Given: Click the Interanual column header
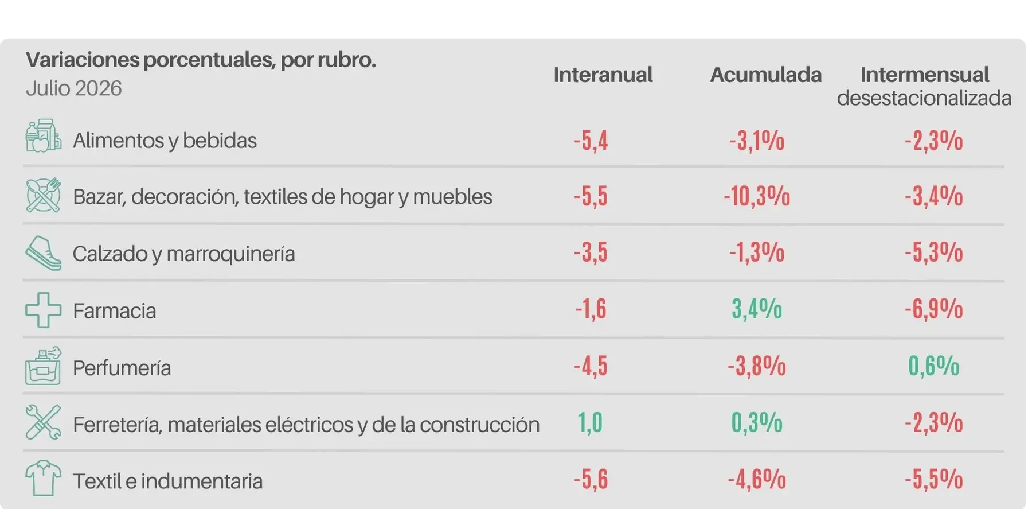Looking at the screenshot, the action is click(x=603, y=75).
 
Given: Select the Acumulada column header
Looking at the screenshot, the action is click(x=766, y=75).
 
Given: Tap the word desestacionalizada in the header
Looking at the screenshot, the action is click(x=924, y=98).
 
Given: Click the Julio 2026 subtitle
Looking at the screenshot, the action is click(x=74, y=88).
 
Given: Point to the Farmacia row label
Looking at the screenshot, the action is click(x=115, y=311).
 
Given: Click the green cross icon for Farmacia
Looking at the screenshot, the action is click(x=44, y=310).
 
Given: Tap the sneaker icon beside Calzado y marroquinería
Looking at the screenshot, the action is click(x=44, y=253).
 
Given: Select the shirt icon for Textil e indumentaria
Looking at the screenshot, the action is click(x=44, y=478).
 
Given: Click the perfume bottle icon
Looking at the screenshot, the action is click(x=44, y=366).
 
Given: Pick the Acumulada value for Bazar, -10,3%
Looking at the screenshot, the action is click(x=757, y=197).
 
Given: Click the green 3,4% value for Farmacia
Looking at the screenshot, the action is click(x=757, y=309).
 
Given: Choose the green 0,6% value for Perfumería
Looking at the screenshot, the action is click(x=934, y=366).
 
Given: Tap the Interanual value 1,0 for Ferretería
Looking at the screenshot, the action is click(x=591, y=423).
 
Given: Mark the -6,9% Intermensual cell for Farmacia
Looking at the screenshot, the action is click(x=934, y=309).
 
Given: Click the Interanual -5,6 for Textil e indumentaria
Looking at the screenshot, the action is click(x=591, y=480).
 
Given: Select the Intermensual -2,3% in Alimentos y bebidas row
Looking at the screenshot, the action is click(x=934, y=141).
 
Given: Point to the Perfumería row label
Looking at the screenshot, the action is click(x=122, y=368).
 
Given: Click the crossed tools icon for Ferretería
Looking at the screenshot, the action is click(x=44, y=422).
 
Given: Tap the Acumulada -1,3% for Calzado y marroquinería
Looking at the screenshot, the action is click(x=757, y=252).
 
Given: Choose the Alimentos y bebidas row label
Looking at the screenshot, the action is click(x=165, y=141).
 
